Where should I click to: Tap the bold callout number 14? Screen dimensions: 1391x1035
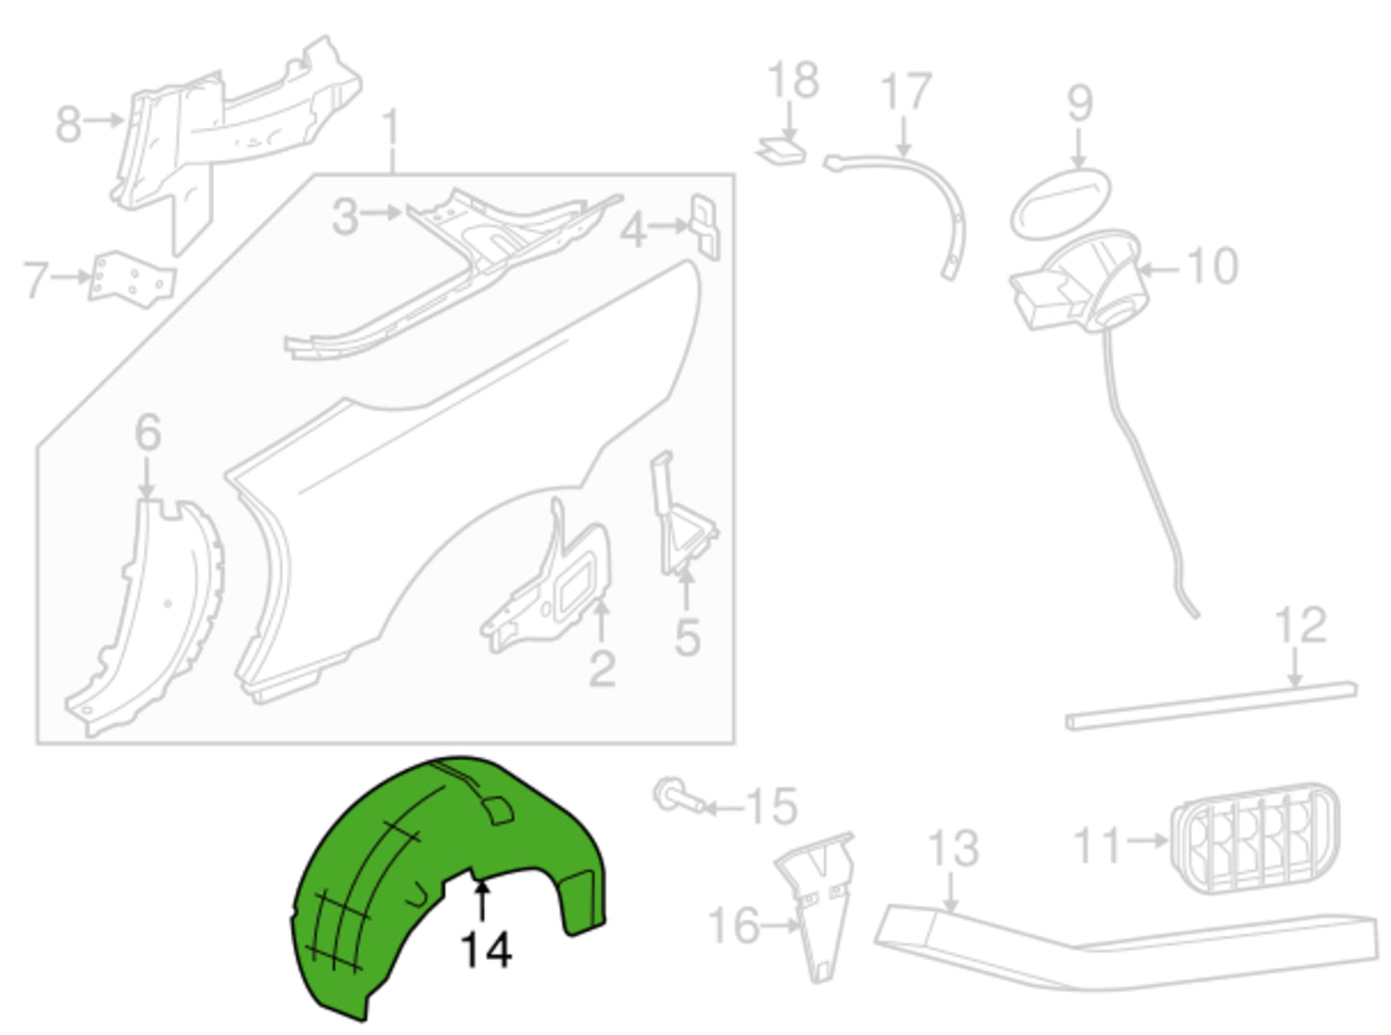(486, 950)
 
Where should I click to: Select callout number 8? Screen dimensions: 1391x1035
(68, 123)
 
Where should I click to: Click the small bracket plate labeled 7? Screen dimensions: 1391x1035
(132, 280)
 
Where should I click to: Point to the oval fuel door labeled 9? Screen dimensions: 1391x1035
(1060, 204)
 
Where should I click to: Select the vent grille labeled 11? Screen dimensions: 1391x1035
(1255, 838)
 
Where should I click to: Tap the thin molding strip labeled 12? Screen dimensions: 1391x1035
(1210, 706)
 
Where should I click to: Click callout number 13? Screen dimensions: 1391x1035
(953, 848)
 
